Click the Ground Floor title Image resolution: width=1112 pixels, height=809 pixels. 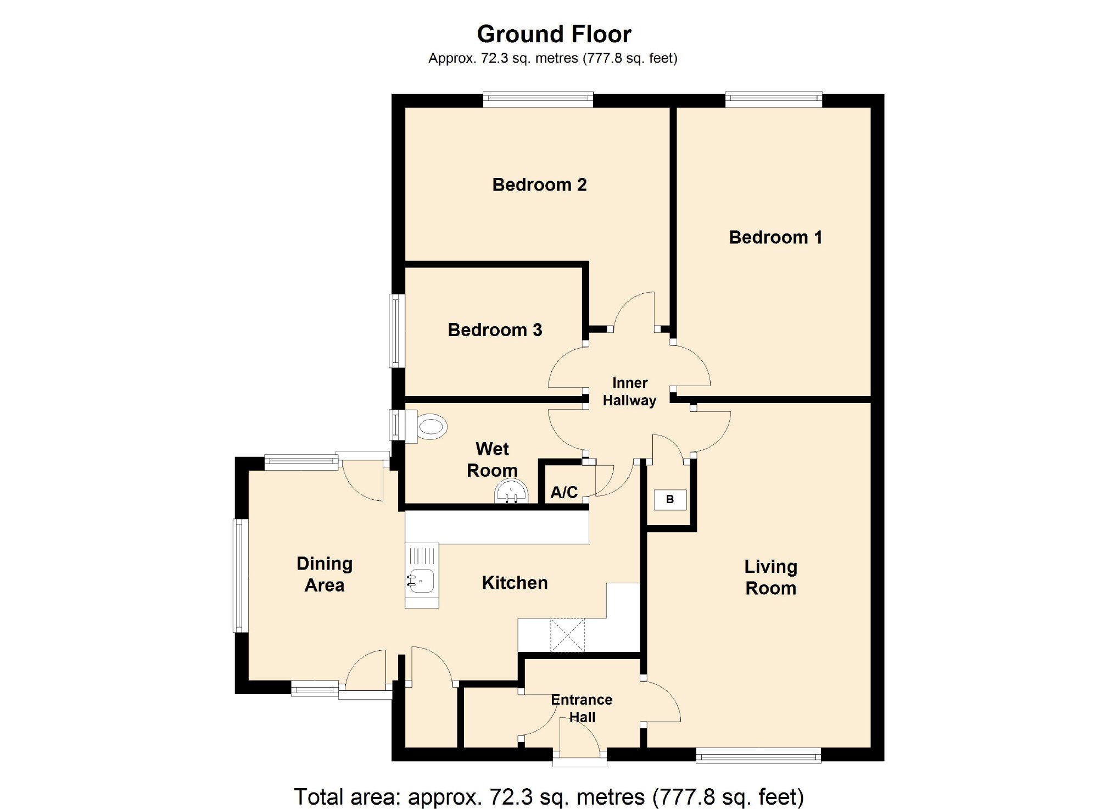coord(554,34)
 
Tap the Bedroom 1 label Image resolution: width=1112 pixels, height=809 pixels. coord(775,237)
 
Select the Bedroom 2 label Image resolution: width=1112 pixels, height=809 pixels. coord(539,185)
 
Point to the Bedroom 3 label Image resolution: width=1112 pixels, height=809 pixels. coord(495,330)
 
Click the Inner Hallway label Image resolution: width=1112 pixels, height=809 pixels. coord(629,392)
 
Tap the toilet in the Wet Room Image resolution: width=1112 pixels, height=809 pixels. coord(427,426)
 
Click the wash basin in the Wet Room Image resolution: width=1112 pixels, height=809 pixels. coord(511,491)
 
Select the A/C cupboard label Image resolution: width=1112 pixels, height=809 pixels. coord(564,492)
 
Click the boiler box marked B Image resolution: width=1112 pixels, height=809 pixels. coord(670,500)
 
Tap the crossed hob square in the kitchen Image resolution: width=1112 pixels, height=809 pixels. coord(567,635)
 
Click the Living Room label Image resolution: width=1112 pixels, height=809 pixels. coord(770,577)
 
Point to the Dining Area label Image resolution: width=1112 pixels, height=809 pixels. coord(325,574)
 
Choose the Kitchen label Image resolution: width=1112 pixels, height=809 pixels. coord(515,583)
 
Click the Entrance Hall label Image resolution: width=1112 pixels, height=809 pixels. coord(582,708)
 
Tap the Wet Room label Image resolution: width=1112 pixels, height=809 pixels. coord(492,460)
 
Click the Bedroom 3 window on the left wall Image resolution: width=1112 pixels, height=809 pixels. coord(397,331)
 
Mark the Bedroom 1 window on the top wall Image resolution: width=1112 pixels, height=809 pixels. coord(774,99)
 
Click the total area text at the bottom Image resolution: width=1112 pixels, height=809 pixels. coord(549,797)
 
